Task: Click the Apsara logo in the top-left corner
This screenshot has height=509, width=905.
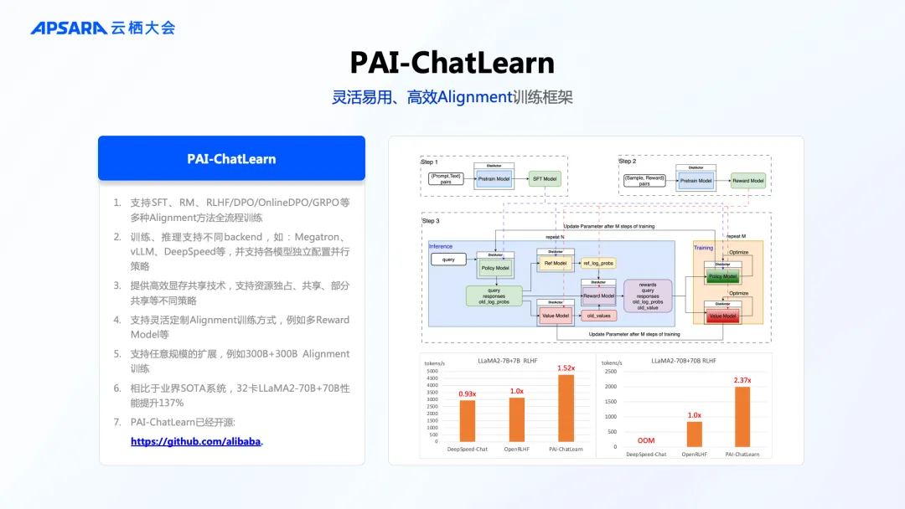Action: click(x=102, y=28)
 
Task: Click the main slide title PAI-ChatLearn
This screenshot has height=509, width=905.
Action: click(x=452, y=63)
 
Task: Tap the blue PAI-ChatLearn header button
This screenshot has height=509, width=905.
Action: click(x=231, y=158)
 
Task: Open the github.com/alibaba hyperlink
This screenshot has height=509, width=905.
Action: click(x=196, y=441)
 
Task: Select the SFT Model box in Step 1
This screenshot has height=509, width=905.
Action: click(x=545, y=178)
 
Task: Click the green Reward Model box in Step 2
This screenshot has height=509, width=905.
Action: click(x=747, y=181)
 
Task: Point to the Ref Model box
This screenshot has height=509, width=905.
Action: click(x=555, y=263)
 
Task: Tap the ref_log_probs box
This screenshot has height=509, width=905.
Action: click(x=598, y=263)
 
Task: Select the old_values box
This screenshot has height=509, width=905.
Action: click(x=598, y=316)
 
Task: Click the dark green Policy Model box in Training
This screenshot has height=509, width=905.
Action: click(x=722, y=276)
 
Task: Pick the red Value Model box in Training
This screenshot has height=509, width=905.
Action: click(x=722, y=316)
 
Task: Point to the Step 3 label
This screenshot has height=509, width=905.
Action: click(x=432, y=221)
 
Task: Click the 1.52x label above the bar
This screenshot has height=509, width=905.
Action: click(x=567, y=368)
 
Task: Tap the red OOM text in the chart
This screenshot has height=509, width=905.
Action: click(x=645, y=440)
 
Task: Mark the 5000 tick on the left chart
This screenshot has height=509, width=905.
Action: click(x=432, y=372)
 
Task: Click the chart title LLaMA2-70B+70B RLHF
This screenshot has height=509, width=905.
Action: click(x=684, y=361)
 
